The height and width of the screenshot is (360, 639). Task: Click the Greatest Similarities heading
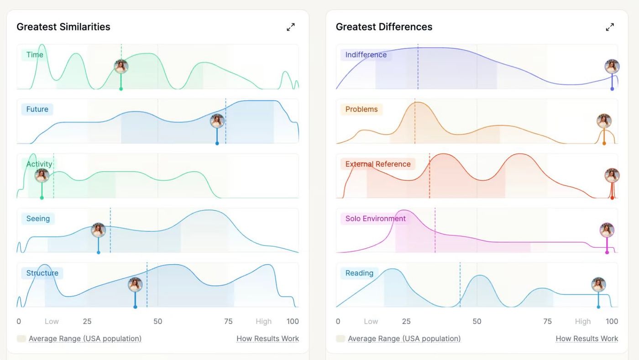[63, 27]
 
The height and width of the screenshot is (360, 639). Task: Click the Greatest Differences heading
[384, 27]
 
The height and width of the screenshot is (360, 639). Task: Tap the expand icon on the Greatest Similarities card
[291, 27]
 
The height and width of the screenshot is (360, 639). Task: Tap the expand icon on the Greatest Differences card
[610, 27]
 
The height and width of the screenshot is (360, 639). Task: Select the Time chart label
[35, 55]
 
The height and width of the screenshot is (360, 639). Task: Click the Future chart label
[37, 110]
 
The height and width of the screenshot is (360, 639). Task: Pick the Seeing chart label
[38, 219]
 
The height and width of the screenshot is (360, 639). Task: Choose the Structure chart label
[42, 273]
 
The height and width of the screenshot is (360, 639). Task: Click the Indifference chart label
[366, 55]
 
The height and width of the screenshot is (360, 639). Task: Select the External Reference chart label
[377, 164]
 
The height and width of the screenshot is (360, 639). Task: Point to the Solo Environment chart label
[375, 219]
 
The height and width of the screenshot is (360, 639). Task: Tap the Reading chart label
[359, 273]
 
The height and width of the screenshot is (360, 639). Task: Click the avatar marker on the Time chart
[121, 67]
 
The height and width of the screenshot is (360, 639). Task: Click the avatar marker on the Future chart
[217, 121]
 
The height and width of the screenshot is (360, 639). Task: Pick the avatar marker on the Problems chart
[604, 121]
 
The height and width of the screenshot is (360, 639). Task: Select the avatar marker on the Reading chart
[598, 285]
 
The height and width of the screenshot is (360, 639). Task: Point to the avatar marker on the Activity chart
[42, 176]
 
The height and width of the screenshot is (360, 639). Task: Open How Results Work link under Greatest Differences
[587, 339]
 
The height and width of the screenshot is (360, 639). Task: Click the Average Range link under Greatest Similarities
[85, 339]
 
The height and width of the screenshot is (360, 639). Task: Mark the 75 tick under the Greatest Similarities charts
[228, 321]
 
